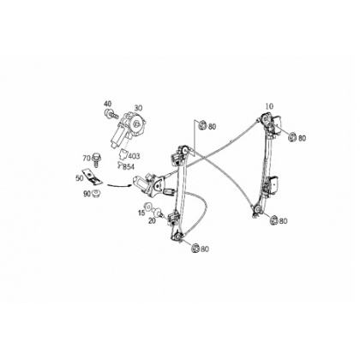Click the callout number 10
click(x=269, y=106)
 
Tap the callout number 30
click(x=138, y=108)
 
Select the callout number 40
click(x=108, y=104)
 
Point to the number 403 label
click(x=134, y=156)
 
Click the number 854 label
click(x=129, y=167)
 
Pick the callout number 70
click(x=87, y=158)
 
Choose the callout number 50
click(x=79, y=178)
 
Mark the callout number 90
click(x=87, y=194)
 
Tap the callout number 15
click(x=141, y=213)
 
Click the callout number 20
click(x=152, y=220)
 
